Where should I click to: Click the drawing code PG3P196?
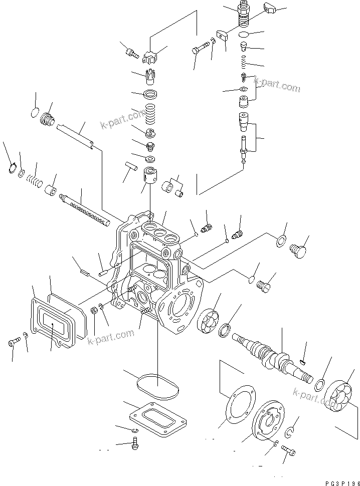click(331, 476)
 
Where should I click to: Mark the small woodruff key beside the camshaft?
click(302, 360)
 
